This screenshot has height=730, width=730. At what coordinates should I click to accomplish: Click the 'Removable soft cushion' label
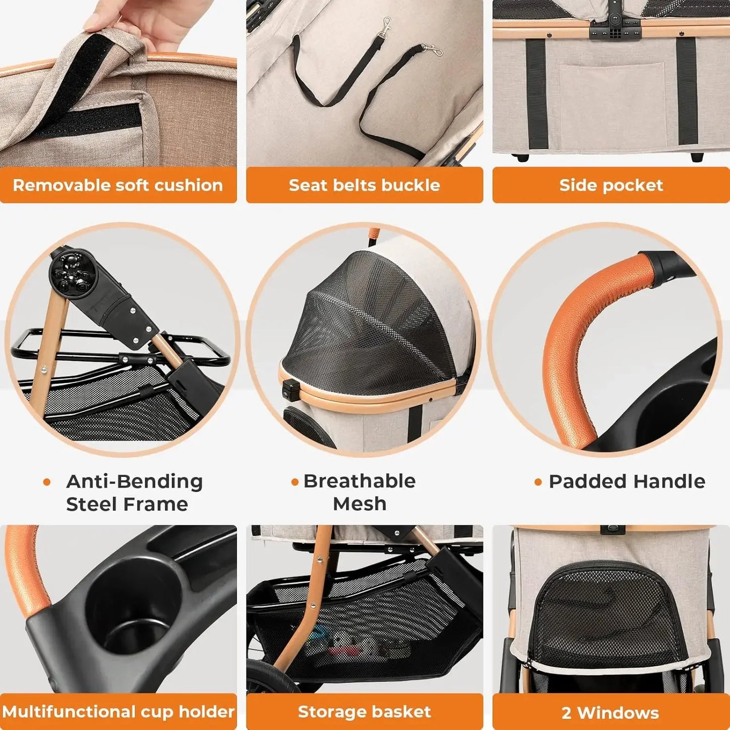pos(118,185)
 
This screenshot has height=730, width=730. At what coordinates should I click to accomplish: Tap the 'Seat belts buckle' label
pos(364,185)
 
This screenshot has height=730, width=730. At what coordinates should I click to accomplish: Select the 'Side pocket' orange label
pos(611,185)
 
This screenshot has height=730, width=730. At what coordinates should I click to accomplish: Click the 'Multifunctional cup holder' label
pos(118,711)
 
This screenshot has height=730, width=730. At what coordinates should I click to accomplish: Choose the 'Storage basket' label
pos(364,711)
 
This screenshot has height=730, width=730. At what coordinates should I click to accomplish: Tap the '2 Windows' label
pos(610,712)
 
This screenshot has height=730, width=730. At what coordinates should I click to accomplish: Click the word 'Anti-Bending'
pos(134,481)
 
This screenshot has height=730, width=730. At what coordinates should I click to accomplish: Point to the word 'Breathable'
pos(359,481)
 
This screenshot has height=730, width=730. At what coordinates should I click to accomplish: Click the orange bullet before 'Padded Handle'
pos(538,482)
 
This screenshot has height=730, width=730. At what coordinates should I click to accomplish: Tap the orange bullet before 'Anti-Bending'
pos(47,482)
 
